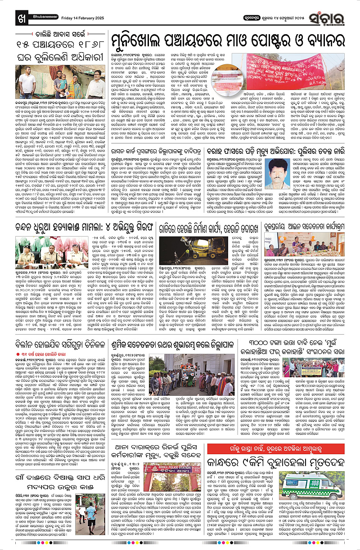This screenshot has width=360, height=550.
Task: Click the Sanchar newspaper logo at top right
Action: coord(337,9)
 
